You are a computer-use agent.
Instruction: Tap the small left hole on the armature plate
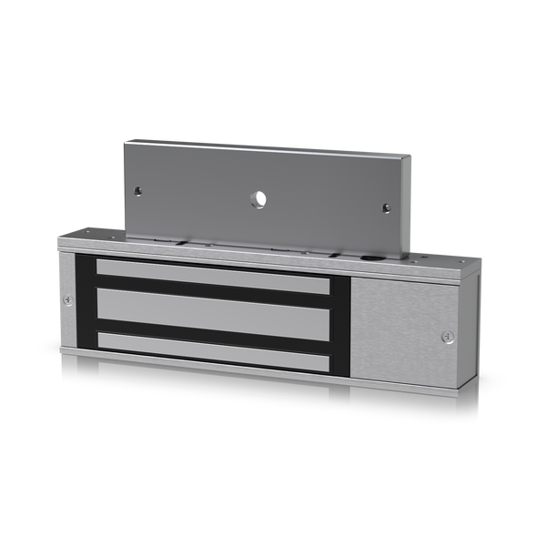[138, 191]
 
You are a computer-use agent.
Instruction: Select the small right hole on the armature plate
[386, 207]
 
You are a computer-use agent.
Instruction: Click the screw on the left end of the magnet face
[67, 299]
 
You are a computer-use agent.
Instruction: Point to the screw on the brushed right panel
[446, 337]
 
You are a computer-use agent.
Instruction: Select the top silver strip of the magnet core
[212, 276]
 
